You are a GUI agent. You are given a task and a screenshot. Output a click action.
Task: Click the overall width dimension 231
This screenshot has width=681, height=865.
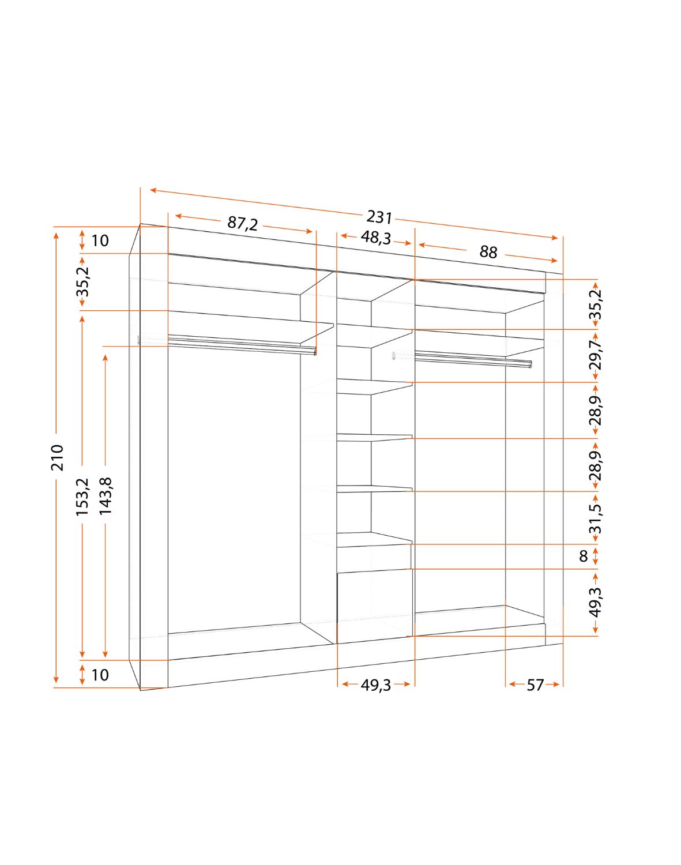(379, 217)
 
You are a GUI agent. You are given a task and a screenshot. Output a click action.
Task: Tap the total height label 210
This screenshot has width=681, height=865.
(58, 457)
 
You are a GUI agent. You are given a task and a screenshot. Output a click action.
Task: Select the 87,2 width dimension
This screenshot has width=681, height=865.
(242, 223)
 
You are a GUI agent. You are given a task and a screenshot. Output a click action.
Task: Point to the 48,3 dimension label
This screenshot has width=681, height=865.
(375, 238)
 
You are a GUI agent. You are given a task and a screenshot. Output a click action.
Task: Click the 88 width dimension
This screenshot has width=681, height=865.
(488, 252)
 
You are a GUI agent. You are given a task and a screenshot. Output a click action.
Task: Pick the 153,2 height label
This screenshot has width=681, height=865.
(82, 497)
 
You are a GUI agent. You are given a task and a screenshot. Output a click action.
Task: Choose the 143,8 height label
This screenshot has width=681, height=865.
(106, 497)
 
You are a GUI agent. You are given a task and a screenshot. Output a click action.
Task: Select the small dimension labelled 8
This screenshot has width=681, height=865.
(584, 556)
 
